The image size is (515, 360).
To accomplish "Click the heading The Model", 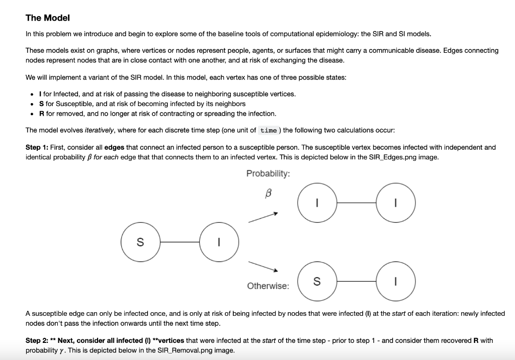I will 48,18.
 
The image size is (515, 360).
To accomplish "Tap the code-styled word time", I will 269,130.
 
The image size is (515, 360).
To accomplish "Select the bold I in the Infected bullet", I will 41,94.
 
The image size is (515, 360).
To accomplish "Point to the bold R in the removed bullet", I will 42,113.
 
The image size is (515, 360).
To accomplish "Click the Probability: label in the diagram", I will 268,173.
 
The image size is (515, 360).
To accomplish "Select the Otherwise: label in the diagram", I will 268,286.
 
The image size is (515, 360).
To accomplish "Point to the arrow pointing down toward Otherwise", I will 263,265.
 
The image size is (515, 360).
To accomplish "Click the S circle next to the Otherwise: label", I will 317,282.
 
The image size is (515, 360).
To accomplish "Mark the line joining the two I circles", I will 357,203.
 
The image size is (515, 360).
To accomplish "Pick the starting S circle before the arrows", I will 140,242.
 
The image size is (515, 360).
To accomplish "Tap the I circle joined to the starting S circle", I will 219,242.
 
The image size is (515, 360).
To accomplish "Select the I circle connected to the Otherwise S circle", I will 396,282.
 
